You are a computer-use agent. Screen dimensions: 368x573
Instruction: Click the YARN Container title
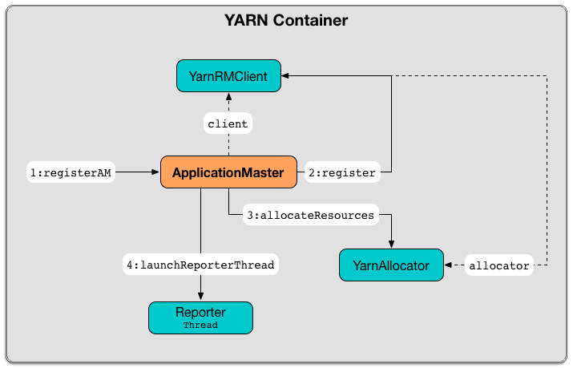[286, 20]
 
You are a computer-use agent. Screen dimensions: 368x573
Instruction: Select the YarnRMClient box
[228, 76]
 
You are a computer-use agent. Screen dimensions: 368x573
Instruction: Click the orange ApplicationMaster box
[228, 172]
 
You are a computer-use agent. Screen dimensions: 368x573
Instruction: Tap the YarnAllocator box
[391, 265]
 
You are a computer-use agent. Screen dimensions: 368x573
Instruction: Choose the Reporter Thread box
[200, 317]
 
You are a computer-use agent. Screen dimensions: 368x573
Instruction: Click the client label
[228, 124]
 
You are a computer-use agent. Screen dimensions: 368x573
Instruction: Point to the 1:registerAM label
[71, 172]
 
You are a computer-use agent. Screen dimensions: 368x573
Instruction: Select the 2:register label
[342, 172]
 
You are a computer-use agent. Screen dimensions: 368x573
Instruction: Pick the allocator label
[499, 265]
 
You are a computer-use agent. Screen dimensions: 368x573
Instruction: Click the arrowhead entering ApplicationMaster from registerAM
[155, 172]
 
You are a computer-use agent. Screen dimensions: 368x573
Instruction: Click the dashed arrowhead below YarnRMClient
[228, 97]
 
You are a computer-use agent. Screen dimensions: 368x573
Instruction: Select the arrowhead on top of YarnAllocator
[391, 245]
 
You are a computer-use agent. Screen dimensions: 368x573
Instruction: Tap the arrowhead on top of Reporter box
[200, 297]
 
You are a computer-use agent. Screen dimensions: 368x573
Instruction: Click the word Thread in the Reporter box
[200, 326]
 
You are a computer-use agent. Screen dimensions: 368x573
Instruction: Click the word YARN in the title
[245, 20]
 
